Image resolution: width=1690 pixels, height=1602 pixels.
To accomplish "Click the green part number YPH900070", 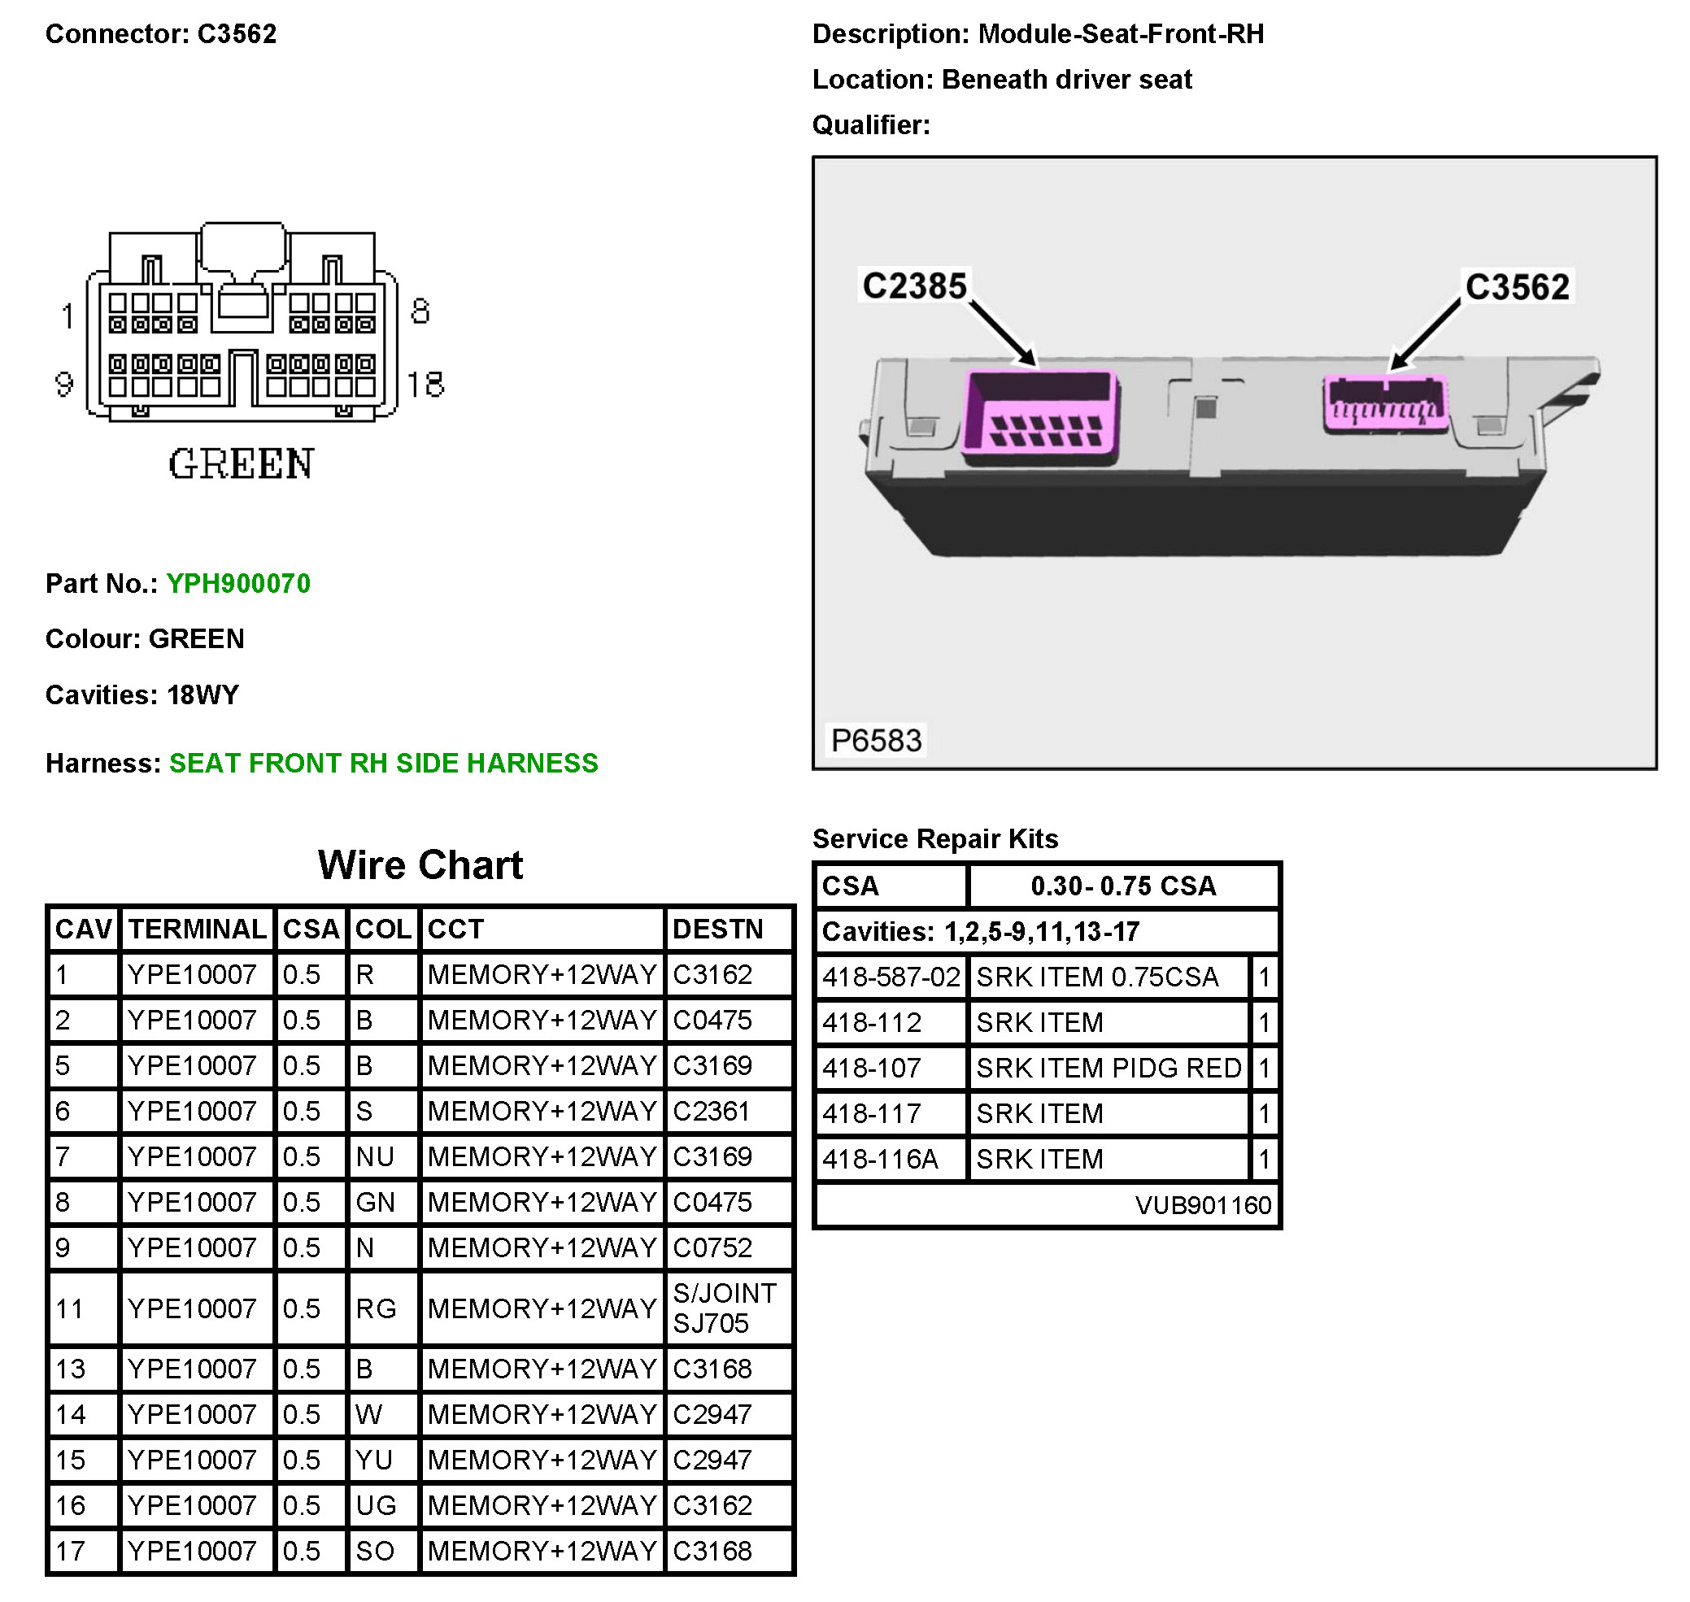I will click(238, 584).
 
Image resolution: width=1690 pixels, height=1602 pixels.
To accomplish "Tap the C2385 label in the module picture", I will click(914, 286).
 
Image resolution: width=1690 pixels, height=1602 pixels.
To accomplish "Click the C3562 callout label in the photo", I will click(1517, 288).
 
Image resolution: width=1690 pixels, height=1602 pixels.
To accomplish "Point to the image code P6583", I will click(876, 740).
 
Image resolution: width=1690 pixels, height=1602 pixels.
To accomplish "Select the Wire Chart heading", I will click(420, 865).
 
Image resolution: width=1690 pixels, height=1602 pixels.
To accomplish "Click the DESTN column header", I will click(717, 929).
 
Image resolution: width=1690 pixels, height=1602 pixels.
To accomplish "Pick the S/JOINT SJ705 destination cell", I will click(724, 1308).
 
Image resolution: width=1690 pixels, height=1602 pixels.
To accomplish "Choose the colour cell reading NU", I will click(375, 1157).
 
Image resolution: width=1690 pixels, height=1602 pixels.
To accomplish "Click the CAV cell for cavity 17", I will click(71, 1551).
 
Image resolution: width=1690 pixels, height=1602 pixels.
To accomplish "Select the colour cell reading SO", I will click(375, 1551).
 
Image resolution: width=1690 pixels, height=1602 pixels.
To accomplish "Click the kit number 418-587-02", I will click(891, 977).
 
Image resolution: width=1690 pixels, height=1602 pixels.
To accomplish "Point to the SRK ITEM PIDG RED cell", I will click(1108, 1069).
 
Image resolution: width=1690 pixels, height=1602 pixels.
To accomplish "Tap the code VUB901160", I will click(1202, 1205).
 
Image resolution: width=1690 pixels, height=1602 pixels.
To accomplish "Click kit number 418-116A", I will click(880, 1160).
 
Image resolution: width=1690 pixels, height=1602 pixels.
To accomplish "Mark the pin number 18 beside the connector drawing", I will click(425, 385).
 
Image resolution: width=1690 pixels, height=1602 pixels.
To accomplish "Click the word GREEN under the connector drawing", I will click(242, 464).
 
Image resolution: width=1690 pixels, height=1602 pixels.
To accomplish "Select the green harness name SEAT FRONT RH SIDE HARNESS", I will click(383, 764).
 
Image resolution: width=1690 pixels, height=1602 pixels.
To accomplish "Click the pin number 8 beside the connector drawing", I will click(420, 311).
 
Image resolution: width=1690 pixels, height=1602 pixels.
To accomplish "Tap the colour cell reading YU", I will click(374, 1461).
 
